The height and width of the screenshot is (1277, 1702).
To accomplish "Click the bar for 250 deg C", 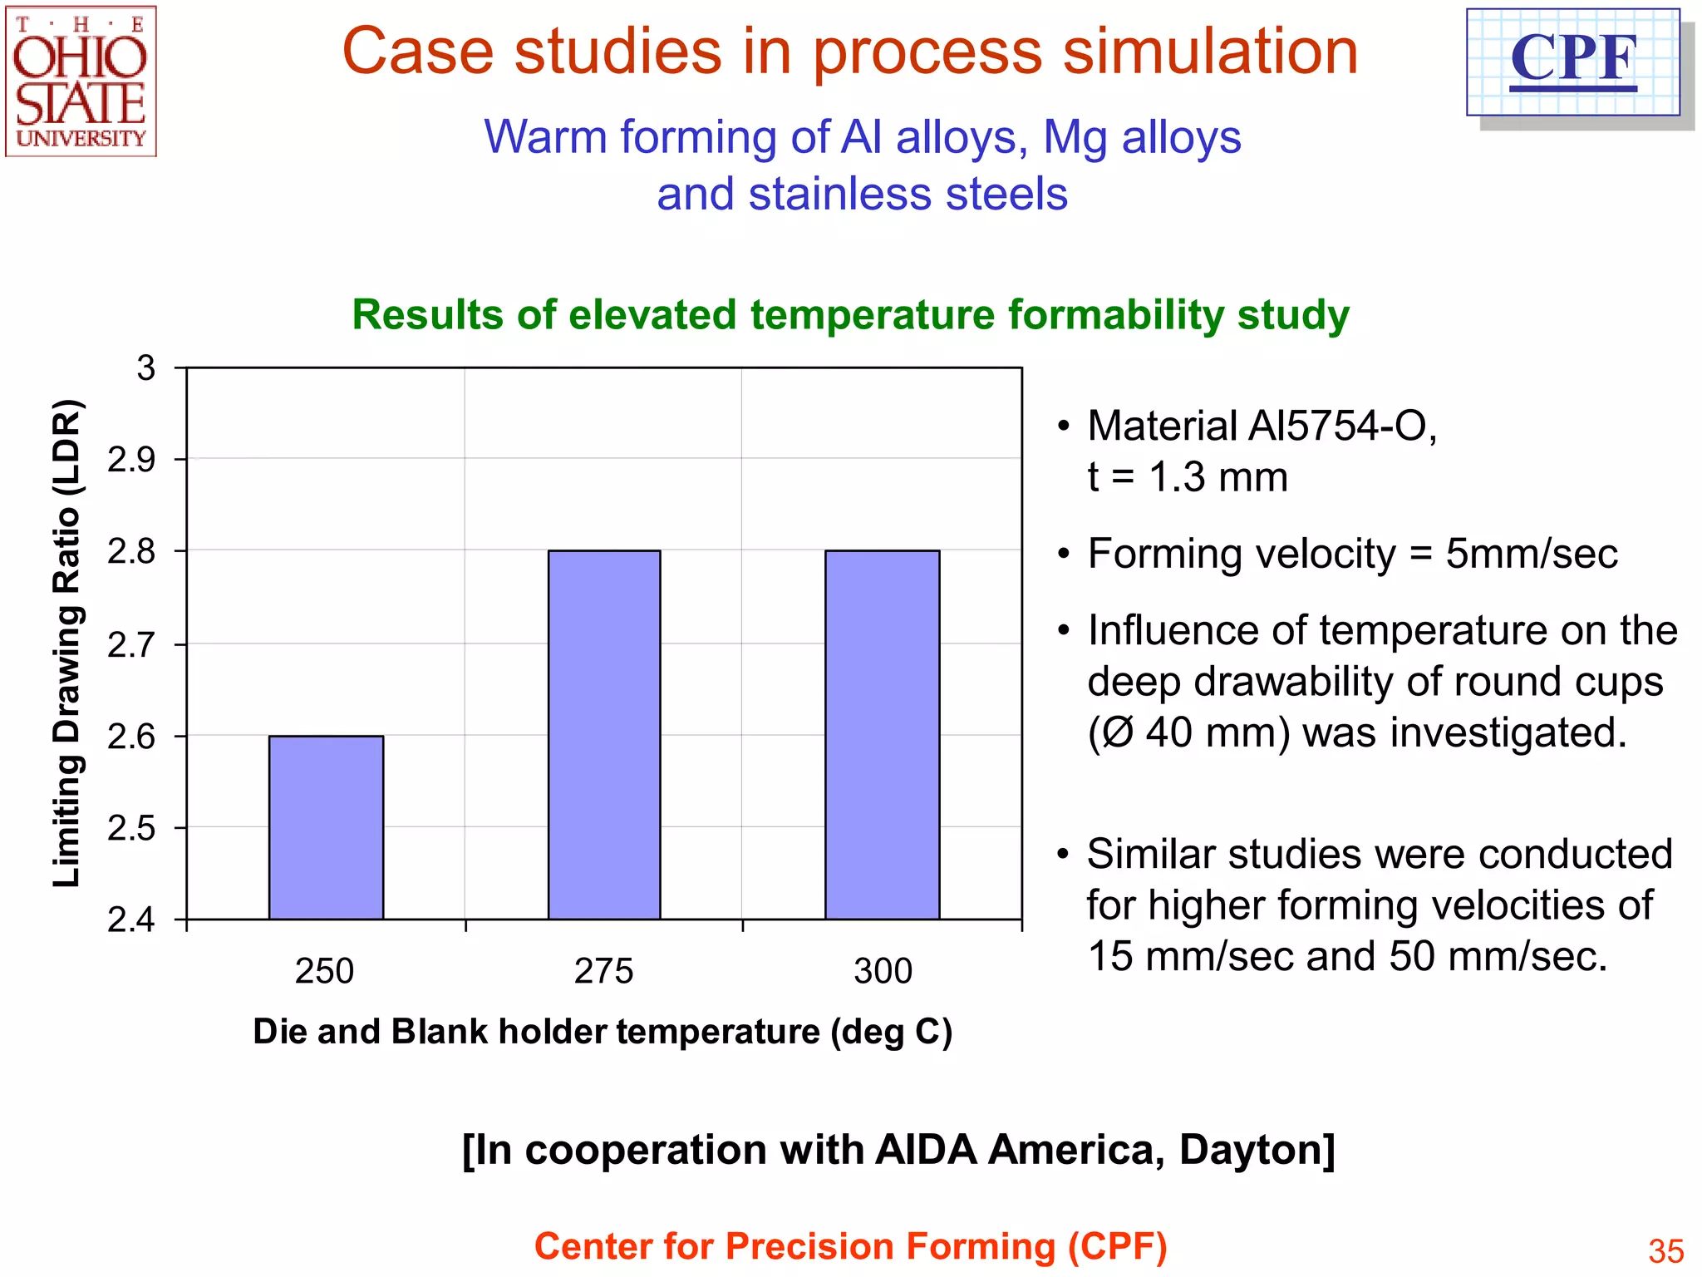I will [x=326, y=827].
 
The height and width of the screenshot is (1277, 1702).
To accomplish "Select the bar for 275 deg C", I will [x=604, y=735].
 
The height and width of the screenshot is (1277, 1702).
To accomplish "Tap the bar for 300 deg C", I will [x=883, y=735].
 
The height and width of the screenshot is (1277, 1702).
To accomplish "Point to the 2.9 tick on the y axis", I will [x=131, y=460].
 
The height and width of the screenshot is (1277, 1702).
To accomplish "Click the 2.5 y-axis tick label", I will [x=131, y=829].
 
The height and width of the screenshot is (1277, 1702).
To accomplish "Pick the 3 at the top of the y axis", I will [x=146, y=368].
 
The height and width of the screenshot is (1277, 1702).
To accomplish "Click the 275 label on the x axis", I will [x=604, y=971].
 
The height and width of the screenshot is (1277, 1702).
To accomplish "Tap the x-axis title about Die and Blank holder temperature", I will [x=603, y=1032].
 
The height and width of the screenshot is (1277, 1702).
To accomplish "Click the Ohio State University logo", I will [x=81, y=81].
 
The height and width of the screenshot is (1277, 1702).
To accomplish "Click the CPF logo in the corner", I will [x=1573, y=62].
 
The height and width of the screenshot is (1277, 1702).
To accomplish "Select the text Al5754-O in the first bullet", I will [x=1343, y=426].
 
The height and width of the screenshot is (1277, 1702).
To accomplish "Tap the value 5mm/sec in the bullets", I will [x=1531, y=554].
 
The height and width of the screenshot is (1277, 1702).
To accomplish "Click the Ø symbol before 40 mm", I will [x=1118, y=733].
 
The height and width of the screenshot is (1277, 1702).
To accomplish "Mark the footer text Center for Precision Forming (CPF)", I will [x=850, y=1246].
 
